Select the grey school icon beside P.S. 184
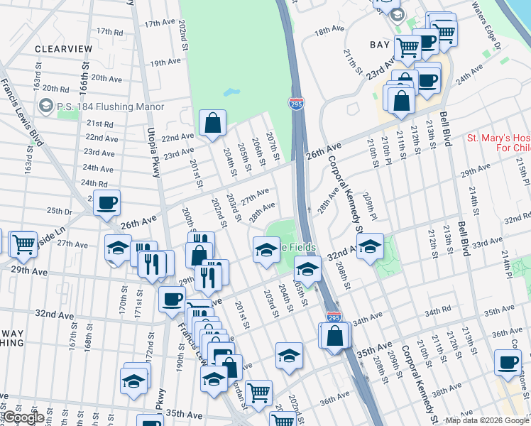click(x=47, y=106)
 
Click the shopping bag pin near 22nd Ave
click(x=212, y=124)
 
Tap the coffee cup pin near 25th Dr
click(x=106, y=204)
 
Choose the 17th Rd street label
click(x=110, y=31)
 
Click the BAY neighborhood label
click(x=380, y=44)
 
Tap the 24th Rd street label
click(x=94, y=182)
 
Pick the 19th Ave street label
click(x=164, y=62)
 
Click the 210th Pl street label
click(x=372, y=150)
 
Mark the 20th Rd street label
click(x=55, y=89)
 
